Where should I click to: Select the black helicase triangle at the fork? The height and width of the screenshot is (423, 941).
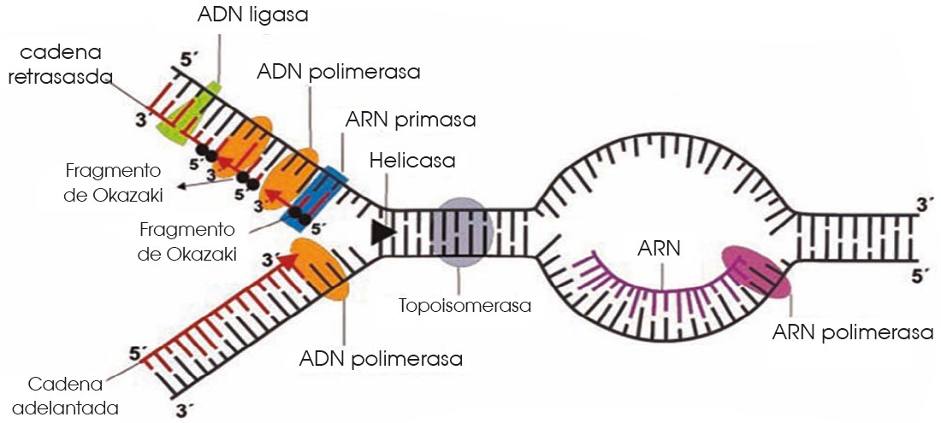coord(383,230)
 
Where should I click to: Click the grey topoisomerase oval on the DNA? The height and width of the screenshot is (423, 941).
coord(461,231)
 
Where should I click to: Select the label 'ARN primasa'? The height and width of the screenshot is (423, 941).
coord(410,119)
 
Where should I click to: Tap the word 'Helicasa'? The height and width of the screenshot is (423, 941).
coord(412,160)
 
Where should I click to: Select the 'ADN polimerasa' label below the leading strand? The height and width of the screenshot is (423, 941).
coord(381,358)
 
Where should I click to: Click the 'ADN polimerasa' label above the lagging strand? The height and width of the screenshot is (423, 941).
coord(338,72)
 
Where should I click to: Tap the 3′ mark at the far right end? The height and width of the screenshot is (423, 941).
coord(920,205)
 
